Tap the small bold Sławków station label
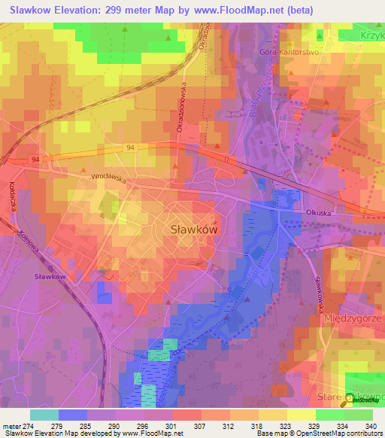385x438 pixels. [x=50, y=277]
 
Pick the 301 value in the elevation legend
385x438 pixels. [x=173, y=425]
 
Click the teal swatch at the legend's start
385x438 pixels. [x=44, y=414]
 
